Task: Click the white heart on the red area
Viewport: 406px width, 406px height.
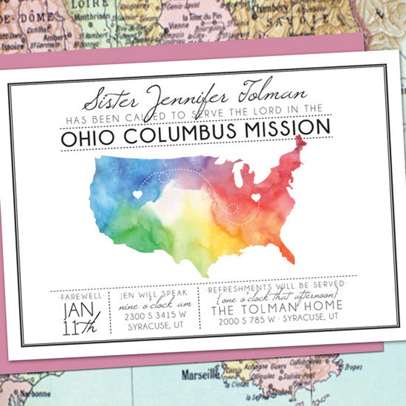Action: (255, 197)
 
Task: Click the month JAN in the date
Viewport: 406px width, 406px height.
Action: (79, 311)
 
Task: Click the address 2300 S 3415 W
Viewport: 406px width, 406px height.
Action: (155, 315)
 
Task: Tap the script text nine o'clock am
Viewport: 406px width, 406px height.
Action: (155, 305)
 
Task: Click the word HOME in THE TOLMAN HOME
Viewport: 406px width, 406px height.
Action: (322, 306)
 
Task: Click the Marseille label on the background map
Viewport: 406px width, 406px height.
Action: (201, 374)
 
